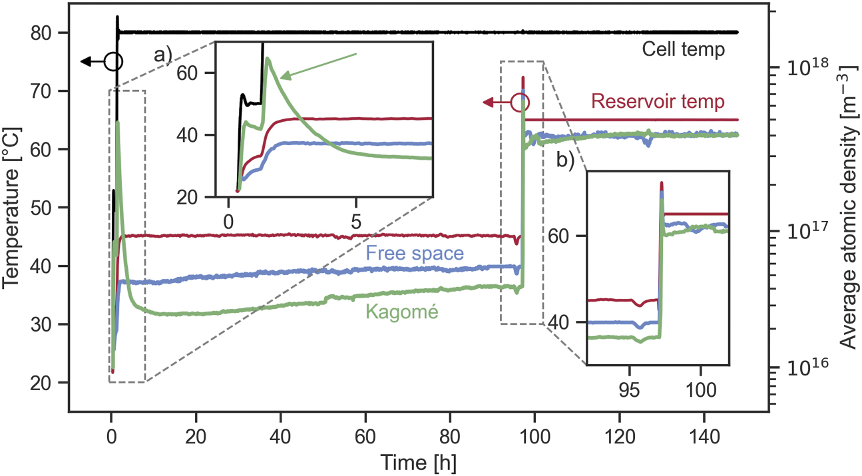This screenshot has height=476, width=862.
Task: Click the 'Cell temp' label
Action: (683, 49)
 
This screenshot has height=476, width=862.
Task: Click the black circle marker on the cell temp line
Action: (114, 62)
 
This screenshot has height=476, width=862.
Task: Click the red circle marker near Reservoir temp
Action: (520, 103)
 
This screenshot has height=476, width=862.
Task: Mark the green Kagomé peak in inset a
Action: (268, 59)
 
